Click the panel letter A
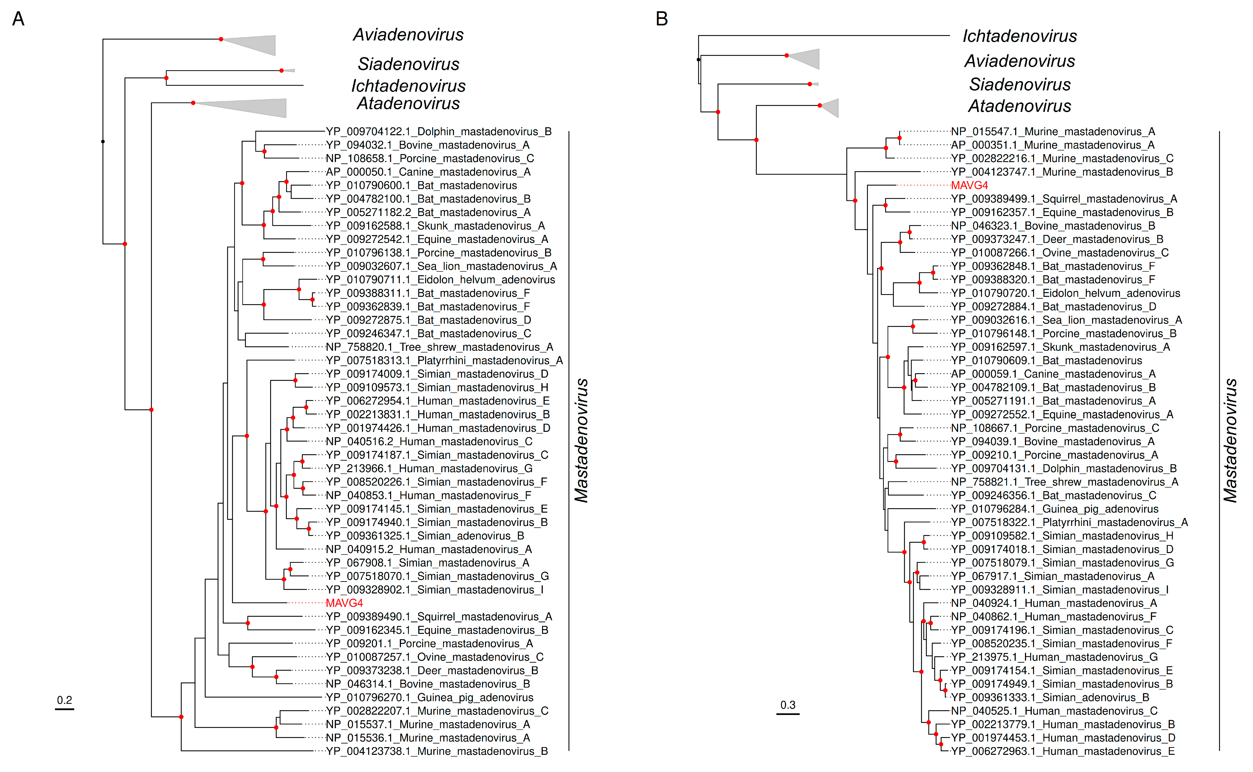[x=18, y=19]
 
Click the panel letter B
[x=662, y=19]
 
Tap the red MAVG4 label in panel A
[x=344, y=603]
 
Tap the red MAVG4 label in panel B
[x=969, y=185]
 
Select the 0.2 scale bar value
[x=64, y=700]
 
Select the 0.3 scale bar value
[x=788, y=705]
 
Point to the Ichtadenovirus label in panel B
[x=1020, y=36]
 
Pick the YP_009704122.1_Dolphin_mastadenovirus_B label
[x=439, y=132]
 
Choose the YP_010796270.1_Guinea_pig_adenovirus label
[x=429, y=698]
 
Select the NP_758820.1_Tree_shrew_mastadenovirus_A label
[x=439, y=347]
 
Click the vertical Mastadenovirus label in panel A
[x=581, y=441]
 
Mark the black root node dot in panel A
[x=103, y=141]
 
